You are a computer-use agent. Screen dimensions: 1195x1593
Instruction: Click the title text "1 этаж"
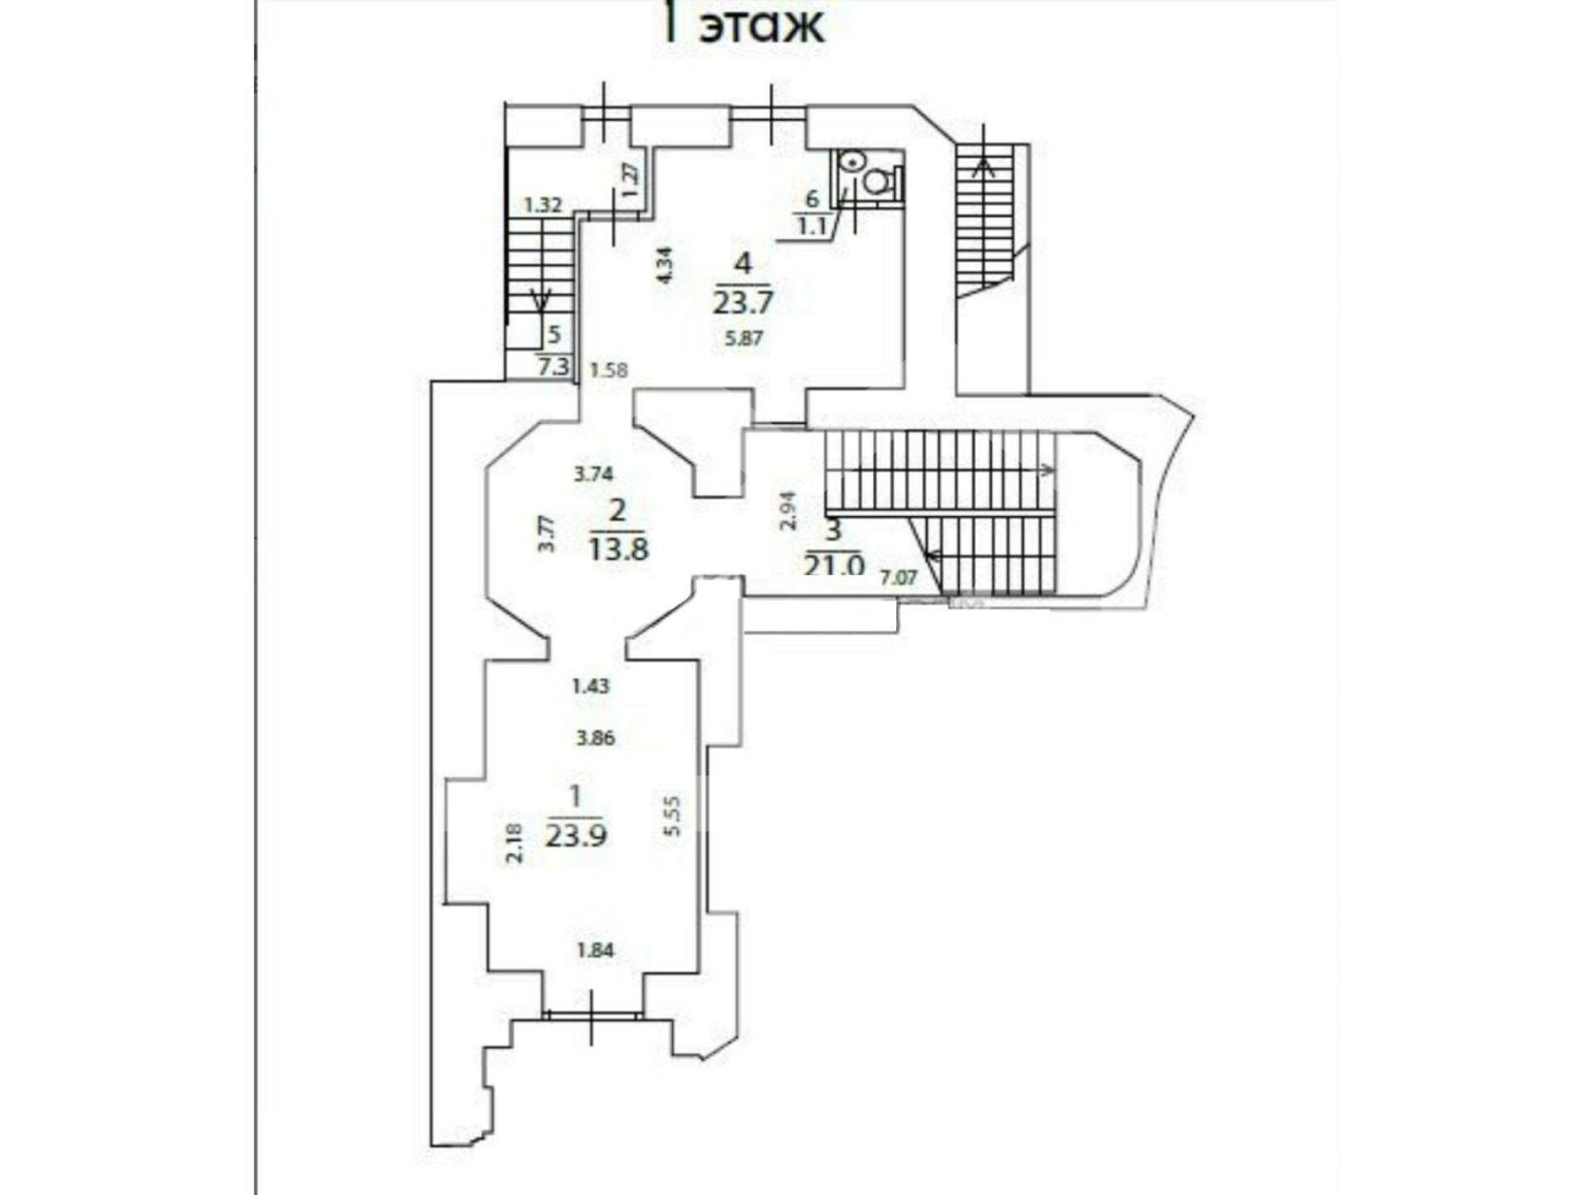pos(743,25)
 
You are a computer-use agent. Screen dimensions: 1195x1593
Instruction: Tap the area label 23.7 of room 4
pos(743,301)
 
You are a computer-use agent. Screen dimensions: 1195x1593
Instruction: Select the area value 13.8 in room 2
pos(618,548)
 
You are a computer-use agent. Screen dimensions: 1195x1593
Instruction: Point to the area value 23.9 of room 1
pos(576,835)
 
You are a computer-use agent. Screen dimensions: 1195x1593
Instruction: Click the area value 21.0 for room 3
pos(834,564)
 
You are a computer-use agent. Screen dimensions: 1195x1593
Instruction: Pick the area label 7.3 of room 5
pos(553,365)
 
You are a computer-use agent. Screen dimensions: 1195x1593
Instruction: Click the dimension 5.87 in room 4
pos(743,338)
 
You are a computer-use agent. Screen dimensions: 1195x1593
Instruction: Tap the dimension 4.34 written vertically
pos(664,266)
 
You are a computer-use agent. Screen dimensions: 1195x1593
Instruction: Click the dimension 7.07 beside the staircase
pos(898,577)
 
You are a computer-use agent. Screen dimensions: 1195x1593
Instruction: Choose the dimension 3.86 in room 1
pos(595,738)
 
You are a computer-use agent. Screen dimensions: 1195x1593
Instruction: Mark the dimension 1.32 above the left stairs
pos(543,205)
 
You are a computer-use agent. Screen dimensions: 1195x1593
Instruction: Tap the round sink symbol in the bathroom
pos(850,163)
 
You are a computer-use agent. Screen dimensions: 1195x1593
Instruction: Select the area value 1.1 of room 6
pos(811,226)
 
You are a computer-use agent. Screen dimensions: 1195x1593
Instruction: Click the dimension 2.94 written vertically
pos(789,510)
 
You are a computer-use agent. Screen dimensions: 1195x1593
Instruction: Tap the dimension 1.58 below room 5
pos(609,369)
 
